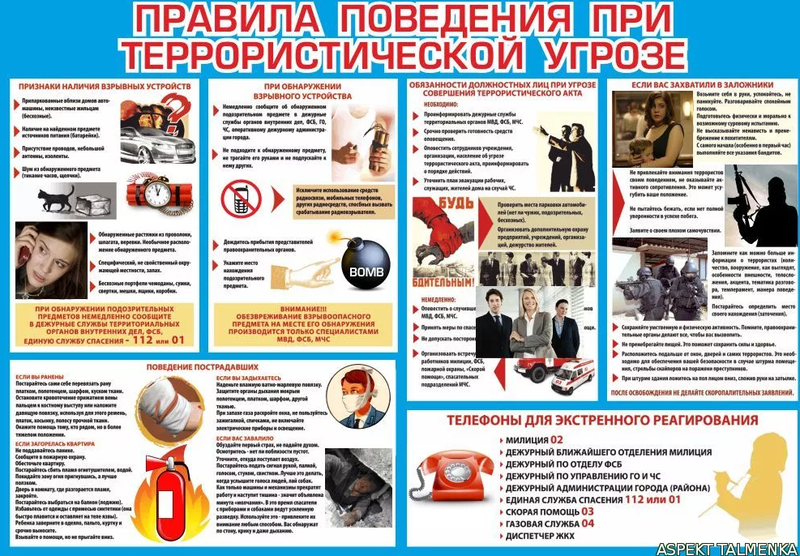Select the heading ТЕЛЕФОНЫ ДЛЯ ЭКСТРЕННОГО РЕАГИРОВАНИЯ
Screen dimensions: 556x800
(602, 421)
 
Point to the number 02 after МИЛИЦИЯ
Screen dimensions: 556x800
(557, 440)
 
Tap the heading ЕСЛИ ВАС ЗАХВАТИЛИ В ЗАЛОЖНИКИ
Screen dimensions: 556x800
(702, 84)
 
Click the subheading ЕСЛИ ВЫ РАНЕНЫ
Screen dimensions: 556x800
(36, 379)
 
